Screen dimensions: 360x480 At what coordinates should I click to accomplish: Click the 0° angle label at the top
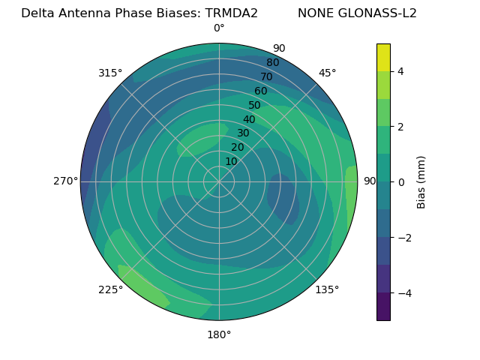pyautogui.click(x=219, y=28)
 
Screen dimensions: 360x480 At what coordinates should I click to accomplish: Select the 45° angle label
pyautogui.click(x=327, y=73)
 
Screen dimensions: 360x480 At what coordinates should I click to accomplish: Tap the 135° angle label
pyautogui.click(x=327, y=289)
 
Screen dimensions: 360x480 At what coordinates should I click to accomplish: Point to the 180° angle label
pyautogui.click(x=219, y=334)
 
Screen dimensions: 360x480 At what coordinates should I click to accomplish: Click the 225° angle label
pyautogui.click(x=110, y=289)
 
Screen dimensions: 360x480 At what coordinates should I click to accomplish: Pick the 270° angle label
pyautogui.click(x=66, y=181)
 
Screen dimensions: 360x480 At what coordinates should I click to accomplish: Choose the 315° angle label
pyautogui.click(x=110, y=73)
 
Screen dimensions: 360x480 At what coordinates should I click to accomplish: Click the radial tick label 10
pyautogui.click(x=231, y=161)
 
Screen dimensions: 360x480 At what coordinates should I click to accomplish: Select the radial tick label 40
pyautogui.click(x=249, y=120)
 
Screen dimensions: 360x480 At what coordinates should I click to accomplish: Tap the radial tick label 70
pyautogui.click(x=266, y=77)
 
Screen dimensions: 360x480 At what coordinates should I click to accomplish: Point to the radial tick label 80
pyautogui.click(x=272, y=63)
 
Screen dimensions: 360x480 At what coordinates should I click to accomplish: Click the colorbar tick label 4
pyautogui.click(x=400, y=71)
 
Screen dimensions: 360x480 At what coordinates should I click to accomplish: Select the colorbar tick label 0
pyautogui.click(x=400, y=182)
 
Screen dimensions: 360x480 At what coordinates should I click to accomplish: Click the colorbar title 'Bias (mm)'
pyautogui.click(x=421, y=182)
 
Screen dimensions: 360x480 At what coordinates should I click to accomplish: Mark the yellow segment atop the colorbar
pyautogui.click(x=383, y=57)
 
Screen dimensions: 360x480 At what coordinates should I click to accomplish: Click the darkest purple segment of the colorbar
pyautogui.click(x=383, y=307)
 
